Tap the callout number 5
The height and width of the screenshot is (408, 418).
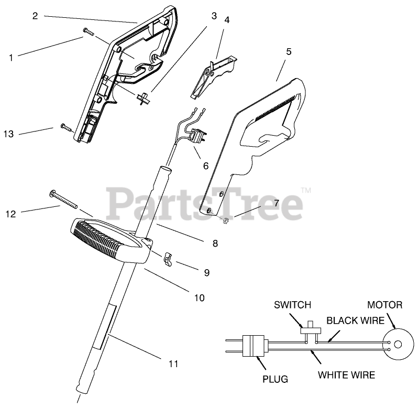(289, 52)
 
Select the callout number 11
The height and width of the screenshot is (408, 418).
(173, 363)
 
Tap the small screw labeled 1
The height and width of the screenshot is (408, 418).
(87, 33)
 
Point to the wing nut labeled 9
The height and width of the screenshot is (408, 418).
(168, 257)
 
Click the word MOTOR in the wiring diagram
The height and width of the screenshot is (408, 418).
(384, 305)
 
